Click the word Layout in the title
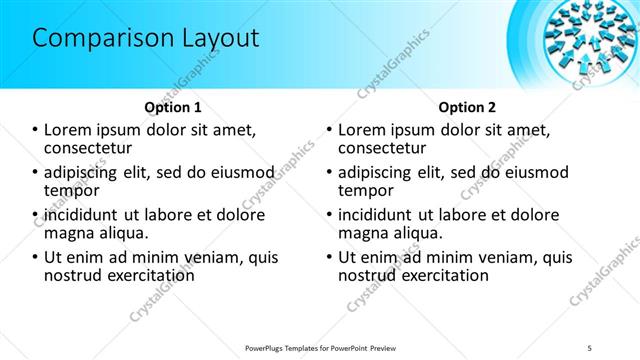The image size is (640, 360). click(216, 39)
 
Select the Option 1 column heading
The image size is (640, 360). click(172, 106)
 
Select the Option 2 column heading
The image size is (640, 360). click(467, 106)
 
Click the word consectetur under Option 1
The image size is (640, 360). click(90, 148)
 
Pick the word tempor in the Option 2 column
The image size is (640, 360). click(365, 190)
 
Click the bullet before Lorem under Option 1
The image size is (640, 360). click(35, 130)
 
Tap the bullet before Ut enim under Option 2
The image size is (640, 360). click(330, 257)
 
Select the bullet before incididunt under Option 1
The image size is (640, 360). click(35, 214)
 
